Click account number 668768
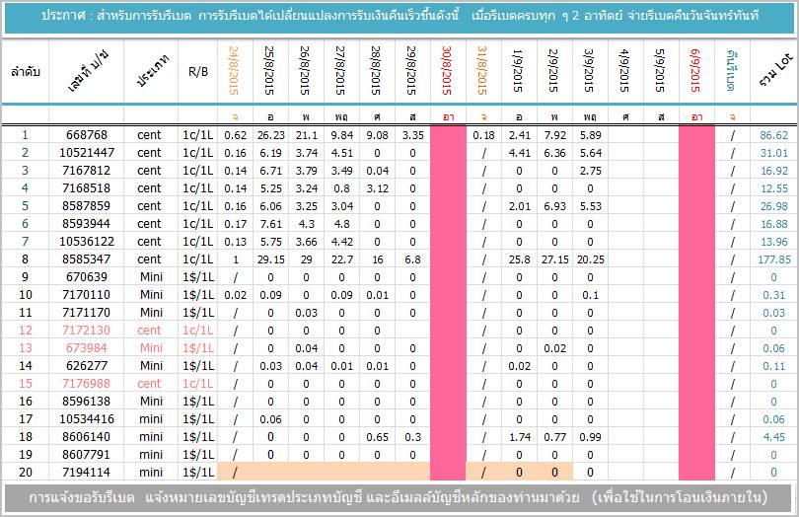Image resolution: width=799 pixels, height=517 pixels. click(x=86, y=135)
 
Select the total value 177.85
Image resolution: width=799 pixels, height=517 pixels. click(x=774, y=259)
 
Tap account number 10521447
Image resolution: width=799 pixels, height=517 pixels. click(x=86, y=153)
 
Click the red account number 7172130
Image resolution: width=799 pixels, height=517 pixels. click(x=86, y=331)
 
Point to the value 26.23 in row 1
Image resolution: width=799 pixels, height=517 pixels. click(x=270, y=135)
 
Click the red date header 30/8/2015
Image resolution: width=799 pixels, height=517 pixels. click(x=448, y=70)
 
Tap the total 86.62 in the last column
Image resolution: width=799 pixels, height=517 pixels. click(x=774, y=135)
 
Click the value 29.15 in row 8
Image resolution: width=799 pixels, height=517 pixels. click(x=270, y=259)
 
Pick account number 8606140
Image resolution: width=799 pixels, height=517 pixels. click(x=86, y=437)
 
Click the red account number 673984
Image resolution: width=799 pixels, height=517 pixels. click(x=86, y=348)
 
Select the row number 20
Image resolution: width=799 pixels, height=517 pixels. click(x=25, y=473)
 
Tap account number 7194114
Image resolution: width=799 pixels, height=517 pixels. click(x=86, y=473)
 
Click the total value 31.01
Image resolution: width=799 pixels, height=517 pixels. click(x=774, y=153)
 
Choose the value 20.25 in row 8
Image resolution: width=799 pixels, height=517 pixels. click(x=590, y=259)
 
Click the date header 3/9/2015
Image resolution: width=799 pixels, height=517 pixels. click(x=590, y=70)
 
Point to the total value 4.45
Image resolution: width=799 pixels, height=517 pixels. click(x=774, y=437)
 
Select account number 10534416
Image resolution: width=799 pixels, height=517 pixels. click(x=86, y=419)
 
